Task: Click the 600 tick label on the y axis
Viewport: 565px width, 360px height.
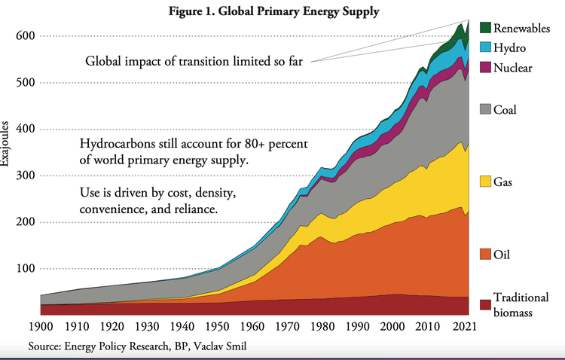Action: click(x=26, y=36)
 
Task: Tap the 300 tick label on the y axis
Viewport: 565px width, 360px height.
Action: click(x=26, y=175)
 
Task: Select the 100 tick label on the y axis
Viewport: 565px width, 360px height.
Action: click(x=26, y=269)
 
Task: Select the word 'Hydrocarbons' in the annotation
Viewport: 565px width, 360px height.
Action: click(x=117, y=144)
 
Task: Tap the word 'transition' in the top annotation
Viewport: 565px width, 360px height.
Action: click(x=206, y=62)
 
